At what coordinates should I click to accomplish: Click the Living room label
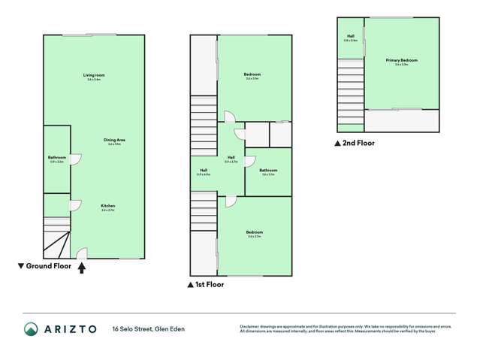(94, 75)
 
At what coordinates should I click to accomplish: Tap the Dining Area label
(115, 140)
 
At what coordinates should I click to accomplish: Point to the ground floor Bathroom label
(56, 157)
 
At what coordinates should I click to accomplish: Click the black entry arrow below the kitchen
(82, 265)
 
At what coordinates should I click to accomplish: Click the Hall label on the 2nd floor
(350, 36)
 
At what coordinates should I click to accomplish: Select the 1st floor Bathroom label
(268, 171)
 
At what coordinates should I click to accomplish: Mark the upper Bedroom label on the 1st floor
(252, 74)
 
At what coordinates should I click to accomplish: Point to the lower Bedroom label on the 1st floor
(254, 233)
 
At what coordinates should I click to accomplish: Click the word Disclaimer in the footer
(249, 326)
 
